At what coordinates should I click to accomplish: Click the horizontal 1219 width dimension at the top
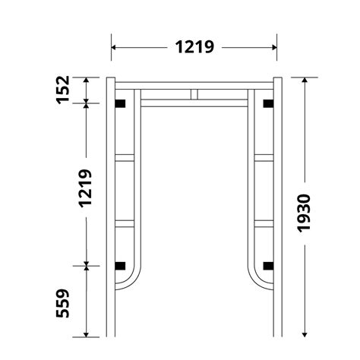point(194,46)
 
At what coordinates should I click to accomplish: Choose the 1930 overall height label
point(304,215)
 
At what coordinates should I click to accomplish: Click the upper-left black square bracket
point(118,103)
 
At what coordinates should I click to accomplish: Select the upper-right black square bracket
point(267,103)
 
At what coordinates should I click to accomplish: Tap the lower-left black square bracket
point(118,265)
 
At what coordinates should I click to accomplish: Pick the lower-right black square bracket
point(267,265)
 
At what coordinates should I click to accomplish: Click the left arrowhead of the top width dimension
point(115,46)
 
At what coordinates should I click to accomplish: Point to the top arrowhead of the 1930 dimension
point(304,80)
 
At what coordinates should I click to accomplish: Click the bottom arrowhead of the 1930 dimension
point(304,332)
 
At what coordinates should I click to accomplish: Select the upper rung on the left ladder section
point(126,158)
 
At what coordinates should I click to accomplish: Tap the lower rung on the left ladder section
point(126,223)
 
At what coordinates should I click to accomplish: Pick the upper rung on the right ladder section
point(263,158)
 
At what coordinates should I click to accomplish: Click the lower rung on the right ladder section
point(263,223)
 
